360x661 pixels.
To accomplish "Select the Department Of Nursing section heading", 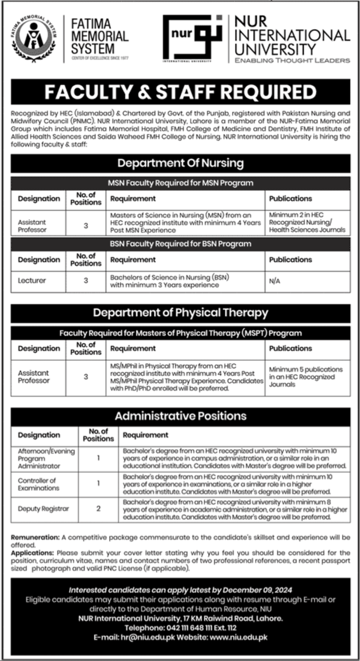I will (180, 163).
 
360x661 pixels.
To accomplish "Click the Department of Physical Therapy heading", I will (180, 313).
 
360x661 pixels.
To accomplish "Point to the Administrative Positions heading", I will (180, 416).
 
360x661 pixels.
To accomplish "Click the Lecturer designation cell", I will (32, 281).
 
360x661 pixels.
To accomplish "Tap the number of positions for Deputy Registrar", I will (99, 509).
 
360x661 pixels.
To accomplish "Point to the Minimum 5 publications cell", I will (306, 377).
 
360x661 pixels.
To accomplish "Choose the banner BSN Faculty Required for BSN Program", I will (180, 243).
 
